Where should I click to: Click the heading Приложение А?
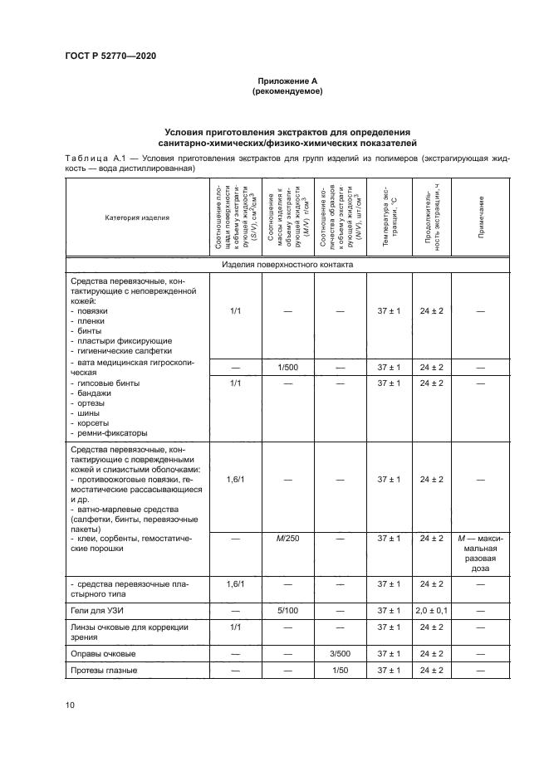tap(286, 81)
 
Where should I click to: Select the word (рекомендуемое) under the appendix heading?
tap(286, 91)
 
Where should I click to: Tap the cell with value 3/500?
tap(340, 653)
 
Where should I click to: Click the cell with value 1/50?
tap(340, 671)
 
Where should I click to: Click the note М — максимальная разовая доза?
tap(481, 554)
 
